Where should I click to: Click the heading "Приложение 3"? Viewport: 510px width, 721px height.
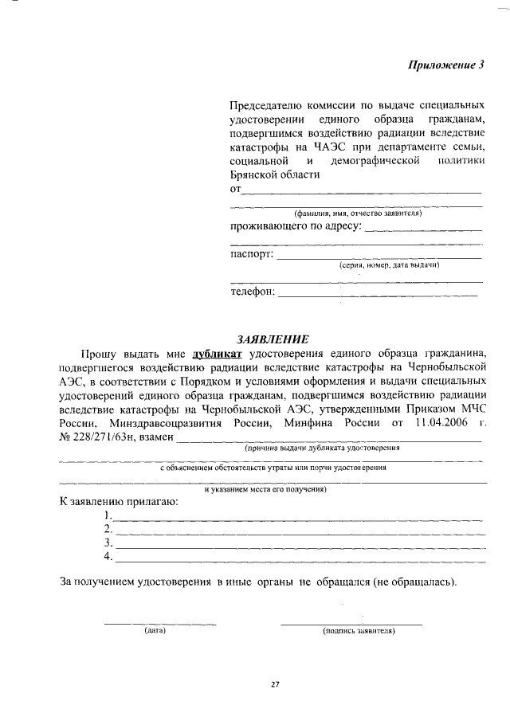click(446, 66)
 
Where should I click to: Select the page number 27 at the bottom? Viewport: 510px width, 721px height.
click(274, 684)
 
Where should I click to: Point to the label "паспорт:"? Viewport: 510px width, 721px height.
click(252, 255)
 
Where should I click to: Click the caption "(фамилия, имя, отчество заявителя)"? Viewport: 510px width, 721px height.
click(358, 214)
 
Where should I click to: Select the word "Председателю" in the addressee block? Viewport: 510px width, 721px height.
click(266, 105)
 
